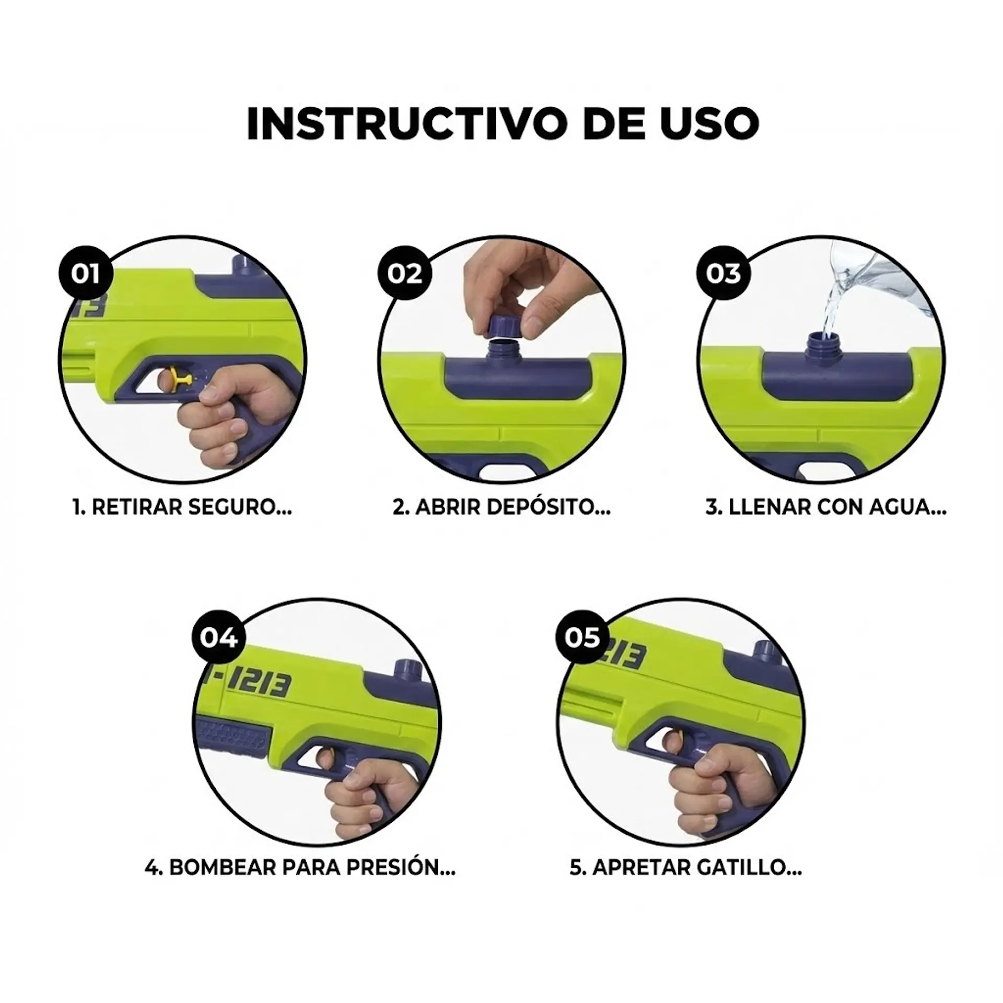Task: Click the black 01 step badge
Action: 85,274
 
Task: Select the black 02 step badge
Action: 404,274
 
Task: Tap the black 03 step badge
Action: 723,274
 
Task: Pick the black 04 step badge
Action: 219,638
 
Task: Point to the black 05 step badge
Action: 582,638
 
